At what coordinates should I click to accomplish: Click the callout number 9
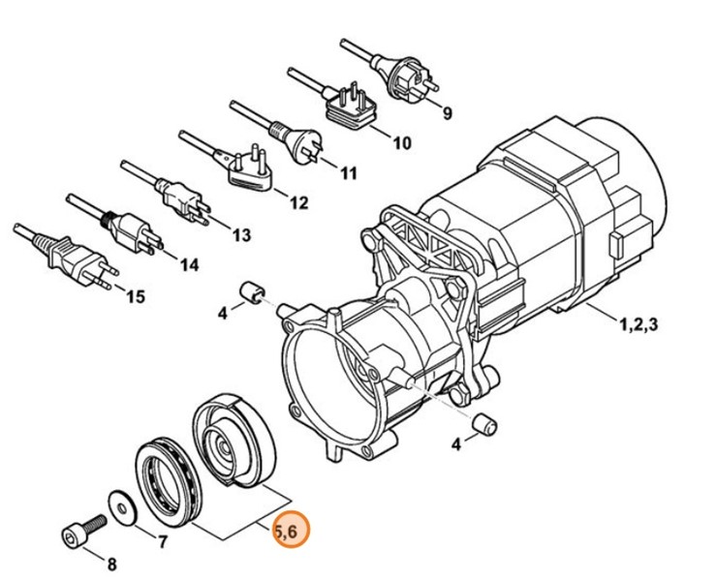(448, 113)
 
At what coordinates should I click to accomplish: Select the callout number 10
(401, 143)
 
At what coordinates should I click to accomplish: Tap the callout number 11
(349, 173)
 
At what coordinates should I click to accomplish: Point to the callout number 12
(298, 203)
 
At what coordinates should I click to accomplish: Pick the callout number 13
(241, 234)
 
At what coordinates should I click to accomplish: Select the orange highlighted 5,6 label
(291, 531)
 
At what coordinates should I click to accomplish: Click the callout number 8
(110, 564)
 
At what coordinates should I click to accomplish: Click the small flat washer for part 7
(120, 502)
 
